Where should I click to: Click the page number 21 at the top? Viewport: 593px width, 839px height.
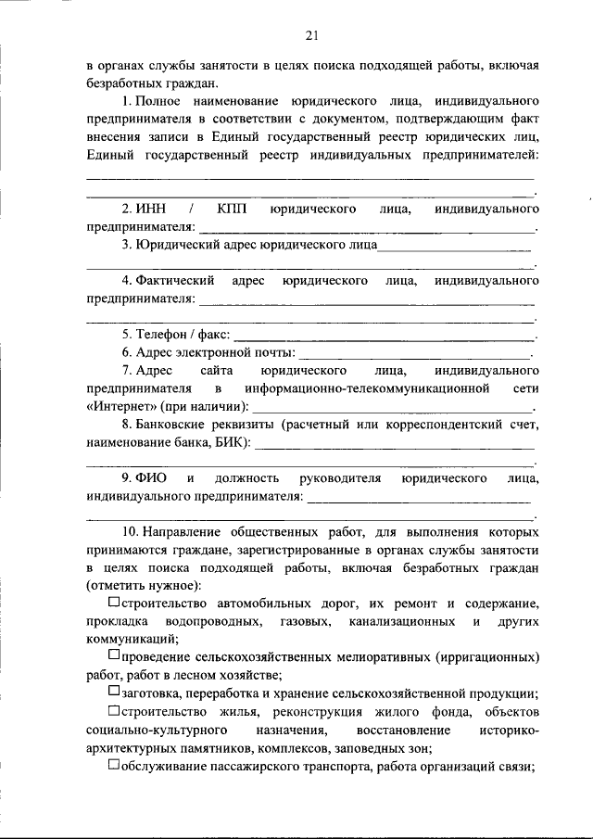click(x=311, y=36)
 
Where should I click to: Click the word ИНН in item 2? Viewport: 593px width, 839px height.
click(x=150, y=210)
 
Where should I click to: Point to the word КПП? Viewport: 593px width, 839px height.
click(x=233, y=210)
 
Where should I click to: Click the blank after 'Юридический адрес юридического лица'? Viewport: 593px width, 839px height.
click(x=454, y=247)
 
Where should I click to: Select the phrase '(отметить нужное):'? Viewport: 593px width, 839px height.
click(x=144, y=585)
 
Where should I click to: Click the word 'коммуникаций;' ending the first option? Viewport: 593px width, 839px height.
click(x=133, y=639)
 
